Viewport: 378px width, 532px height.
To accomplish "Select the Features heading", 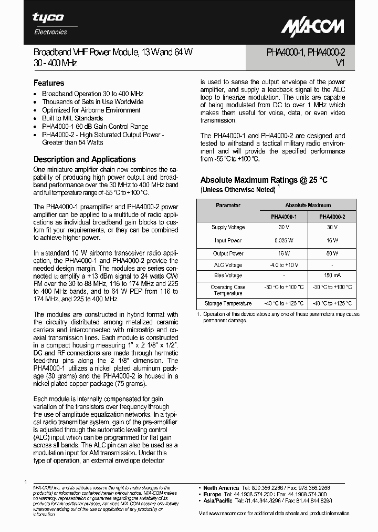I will point(49,83).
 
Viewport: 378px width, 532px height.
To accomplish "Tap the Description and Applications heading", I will point(85,159).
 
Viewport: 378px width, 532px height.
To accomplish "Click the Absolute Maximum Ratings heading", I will point(264,180).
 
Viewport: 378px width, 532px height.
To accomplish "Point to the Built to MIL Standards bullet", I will point(72,118).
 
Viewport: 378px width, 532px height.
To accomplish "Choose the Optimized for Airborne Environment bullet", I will point(91,110).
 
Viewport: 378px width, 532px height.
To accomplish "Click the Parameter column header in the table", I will point(228,205).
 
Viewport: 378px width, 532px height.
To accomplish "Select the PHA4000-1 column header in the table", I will point(283,216).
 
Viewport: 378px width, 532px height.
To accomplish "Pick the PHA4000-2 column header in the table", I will point(332,216).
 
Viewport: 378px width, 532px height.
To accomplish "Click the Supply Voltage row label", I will point(228,228).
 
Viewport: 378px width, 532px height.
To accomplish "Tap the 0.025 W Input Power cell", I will point(283,240).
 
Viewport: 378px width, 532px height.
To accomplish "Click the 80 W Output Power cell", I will point(332,253).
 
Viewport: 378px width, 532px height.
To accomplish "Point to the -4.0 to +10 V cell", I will point(283,265).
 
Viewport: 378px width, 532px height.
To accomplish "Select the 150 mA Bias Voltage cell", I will point(332,275).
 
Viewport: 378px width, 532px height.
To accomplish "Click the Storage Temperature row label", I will point(228,303).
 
